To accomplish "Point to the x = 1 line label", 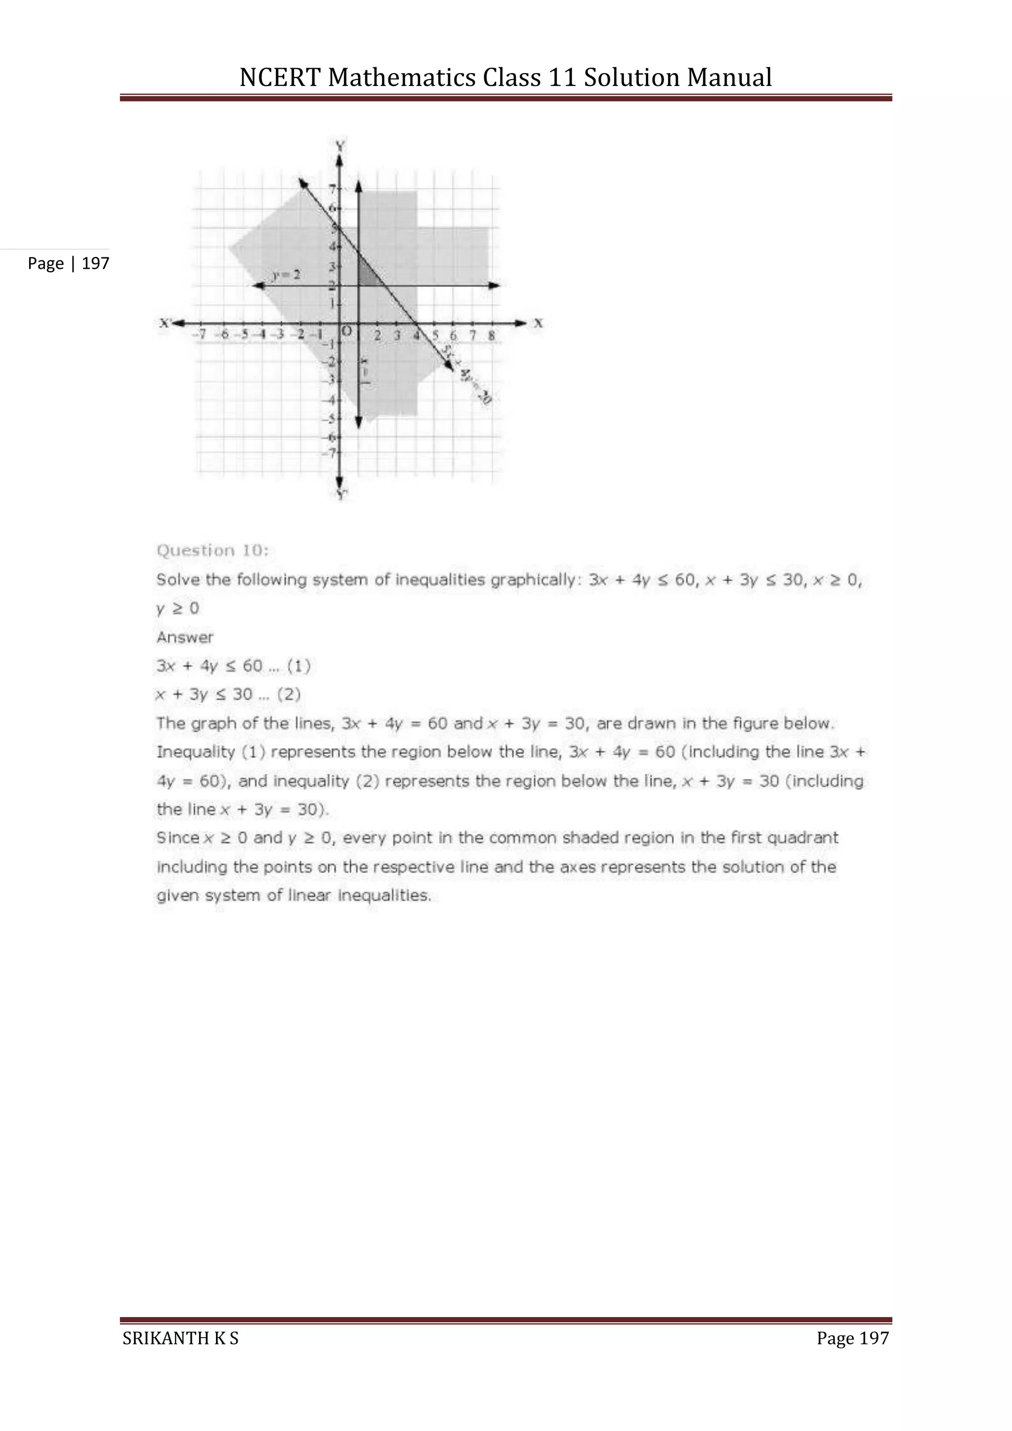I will point(365,373).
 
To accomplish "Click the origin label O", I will point(348,330).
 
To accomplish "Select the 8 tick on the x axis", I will point(491,336).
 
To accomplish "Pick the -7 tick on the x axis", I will point(200,335).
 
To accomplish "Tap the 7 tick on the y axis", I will point(332,188).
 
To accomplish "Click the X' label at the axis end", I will point(165,323).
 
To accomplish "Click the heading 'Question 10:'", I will point(212,550).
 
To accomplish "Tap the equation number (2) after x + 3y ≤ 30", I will point(289,694).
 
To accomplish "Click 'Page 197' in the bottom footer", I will point(852,1338).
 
